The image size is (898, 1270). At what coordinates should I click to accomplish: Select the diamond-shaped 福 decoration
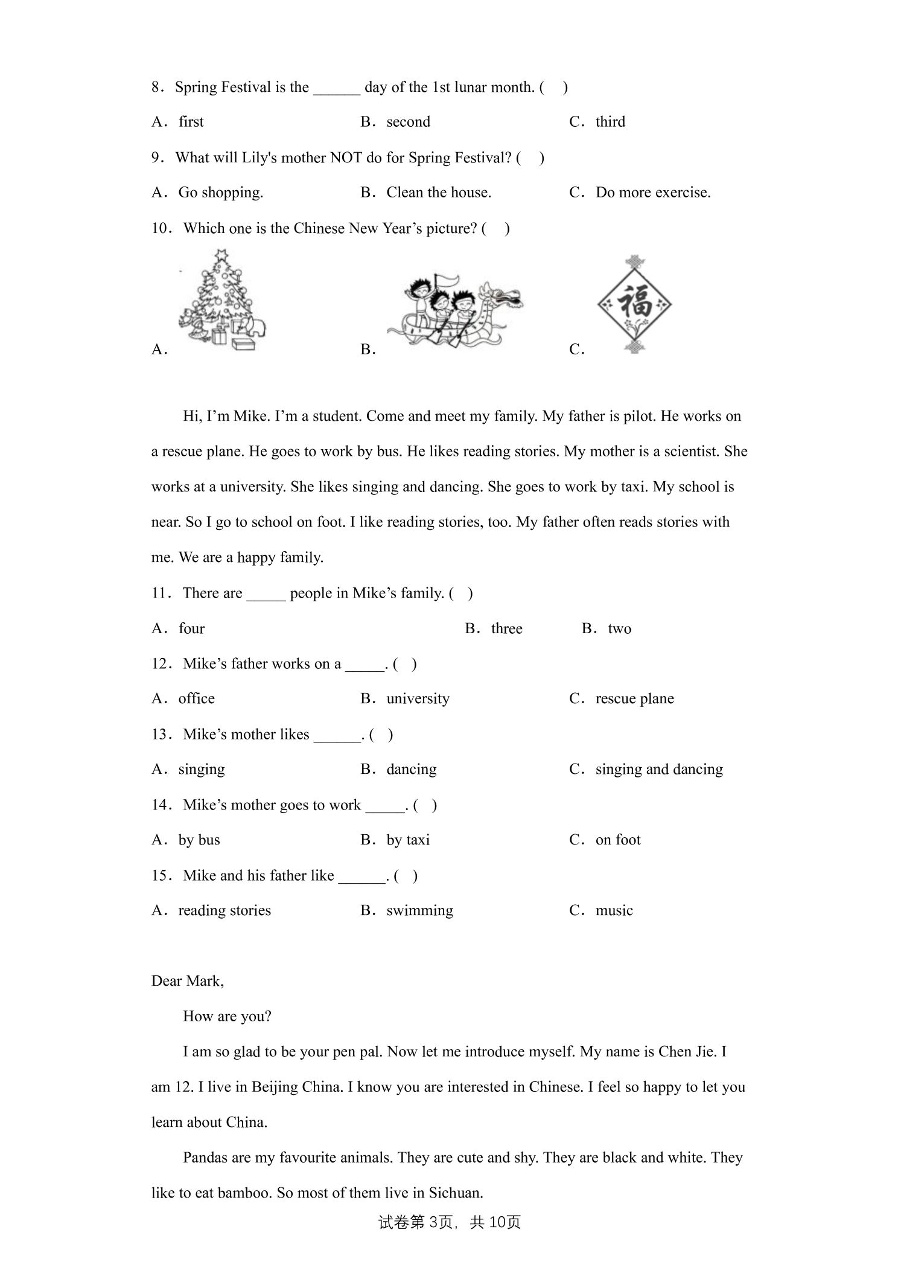click(x=634, y=304)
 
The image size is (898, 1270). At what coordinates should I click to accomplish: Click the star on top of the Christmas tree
click(x=222, y=254)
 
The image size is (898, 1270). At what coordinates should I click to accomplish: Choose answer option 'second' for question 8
click(x=408, y=122)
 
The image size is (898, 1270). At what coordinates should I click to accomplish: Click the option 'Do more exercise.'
click(x=652, y=193)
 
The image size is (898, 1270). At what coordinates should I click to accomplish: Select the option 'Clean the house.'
click(x=438, y=193)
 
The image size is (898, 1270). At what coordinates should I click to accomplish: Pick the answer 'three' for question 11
click(x=506, y=629)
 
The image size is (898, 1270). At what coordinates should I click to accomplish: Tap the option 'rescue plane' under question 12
click(x=634, y=699)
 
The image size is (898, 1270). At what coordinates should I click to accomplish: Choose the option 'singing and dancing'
click(x=658, y=770)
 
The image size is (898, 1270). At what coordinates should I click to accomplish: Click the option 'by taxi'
click(x=408, y=840)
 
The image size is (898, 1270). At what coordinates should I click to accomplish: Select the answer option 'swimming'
click(x=419, y=911)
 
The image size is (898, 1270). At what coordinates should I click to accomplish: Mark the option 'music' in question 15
click(x=614, y=911)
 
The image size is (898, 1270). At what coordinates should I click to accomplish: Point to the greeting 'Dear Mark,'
click(x=187, y=981)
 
